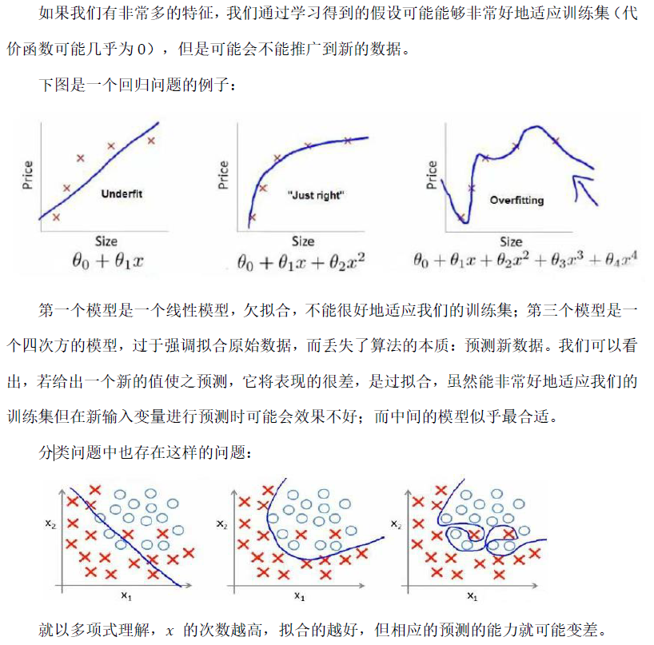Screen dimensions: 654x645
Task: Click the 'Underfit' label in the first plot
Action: click(122, 193)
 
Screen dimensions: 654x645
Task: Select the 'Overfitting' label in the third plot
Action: click(516, 200)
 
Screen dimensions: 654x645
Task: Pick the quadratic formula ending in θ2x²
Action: click(302, 261)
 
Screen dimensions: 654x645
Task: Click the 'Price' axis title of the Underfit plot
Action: click(29, 174)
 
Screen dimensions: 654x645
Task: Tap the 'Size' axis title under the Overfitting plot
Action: click(511, 241)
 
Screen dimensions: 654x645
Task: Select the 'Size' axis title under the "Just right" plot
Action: click(302, 241)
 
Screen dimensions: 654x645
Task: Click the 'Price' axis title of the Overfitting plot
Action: click(432, 174)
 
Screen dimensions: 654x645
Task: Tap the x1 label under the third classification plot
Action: click(472, 595)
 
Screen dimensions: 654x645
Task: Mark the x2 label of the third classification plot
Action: click(395, 524)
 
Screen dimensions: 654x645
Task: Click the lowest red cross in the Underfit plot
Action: click(56, 217)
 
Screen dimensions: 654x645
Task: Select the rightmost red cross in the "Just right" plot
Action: click(347, 141)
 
